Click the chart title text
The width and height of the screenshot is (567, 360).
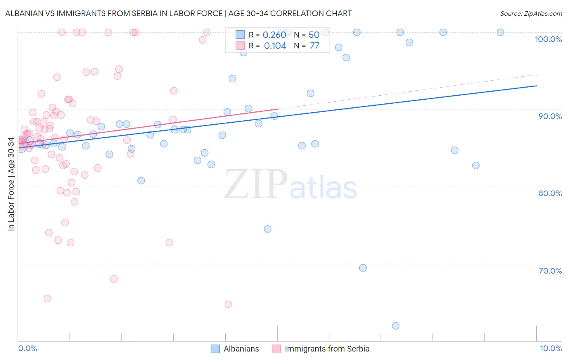click(x=178, y=13)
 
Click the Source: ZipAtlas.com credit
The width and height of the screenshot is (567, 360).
click(x=531, y=13)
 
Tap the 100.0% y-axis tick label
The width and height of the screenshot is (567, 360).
click(x=548, y=39)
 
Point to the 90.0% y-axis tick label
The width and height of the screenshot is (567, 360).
click(x=550, y=116)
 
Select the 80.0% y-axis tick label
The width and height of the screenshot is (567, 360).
click(x=550, y=193)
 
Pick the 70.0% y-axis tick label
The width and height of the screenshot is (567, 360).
click(x=550, y=271)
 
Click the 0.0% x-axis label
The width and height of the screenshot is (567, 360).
click(x=27, y=348)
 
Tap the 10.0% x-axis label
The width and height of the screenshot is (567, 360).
click(x=551, y=348)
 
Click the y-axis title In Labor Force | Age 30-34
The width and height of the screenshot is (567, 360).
click(x=11, y=184)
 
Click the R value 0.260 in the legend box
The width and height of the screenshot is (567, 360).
click(x=274, y=35)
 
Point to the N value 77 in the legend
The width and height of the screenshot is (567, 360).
click(x=315, y=46)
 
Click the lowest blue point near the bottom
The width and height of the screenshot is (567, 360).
click(x=396, y=326)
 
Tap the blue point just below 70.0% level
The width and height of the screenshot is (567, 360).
click(x=363, y=268)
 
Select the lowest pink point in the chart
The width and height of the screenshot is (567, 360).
click(x=228, y=304)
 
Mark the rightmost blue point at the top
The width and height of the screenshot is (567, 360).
click(x=500, y=32)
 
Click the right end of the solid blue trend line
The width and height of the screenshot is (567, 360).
click(x=536, y=86)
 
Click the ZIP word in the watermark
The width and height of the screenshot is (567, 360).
click(x=256, y=184)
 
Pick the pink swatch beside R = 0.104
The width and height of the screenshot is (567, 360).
click(x=240, y=46)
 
